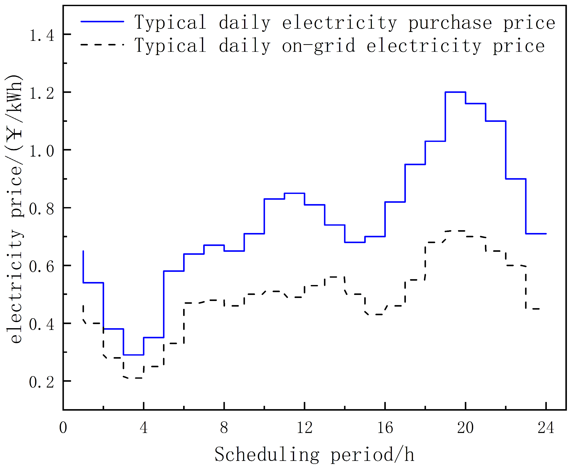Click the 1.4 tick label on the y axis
pos(42,35)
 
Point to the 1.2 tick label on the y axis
pos(42,93)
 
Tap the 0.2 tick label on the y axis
pos(42,382)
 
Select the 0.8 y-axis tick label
pos(42,209)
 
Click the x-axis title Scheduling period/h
pos(314,454)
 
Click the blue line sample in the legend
pos(102,21)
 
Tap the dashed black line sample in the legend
pos(102,44)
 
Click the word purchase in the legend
pos(450,23)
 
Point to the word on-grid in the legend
pos(318,46)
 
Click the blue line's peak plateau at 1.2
pos(455,92)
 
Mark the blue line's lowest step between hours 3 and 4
pos(134,355)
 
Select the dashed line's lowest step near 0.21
pos(134,378)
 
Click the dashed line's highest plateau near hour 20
pos(455,231)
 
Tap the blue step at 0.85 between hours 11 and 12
pos(294,193)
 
